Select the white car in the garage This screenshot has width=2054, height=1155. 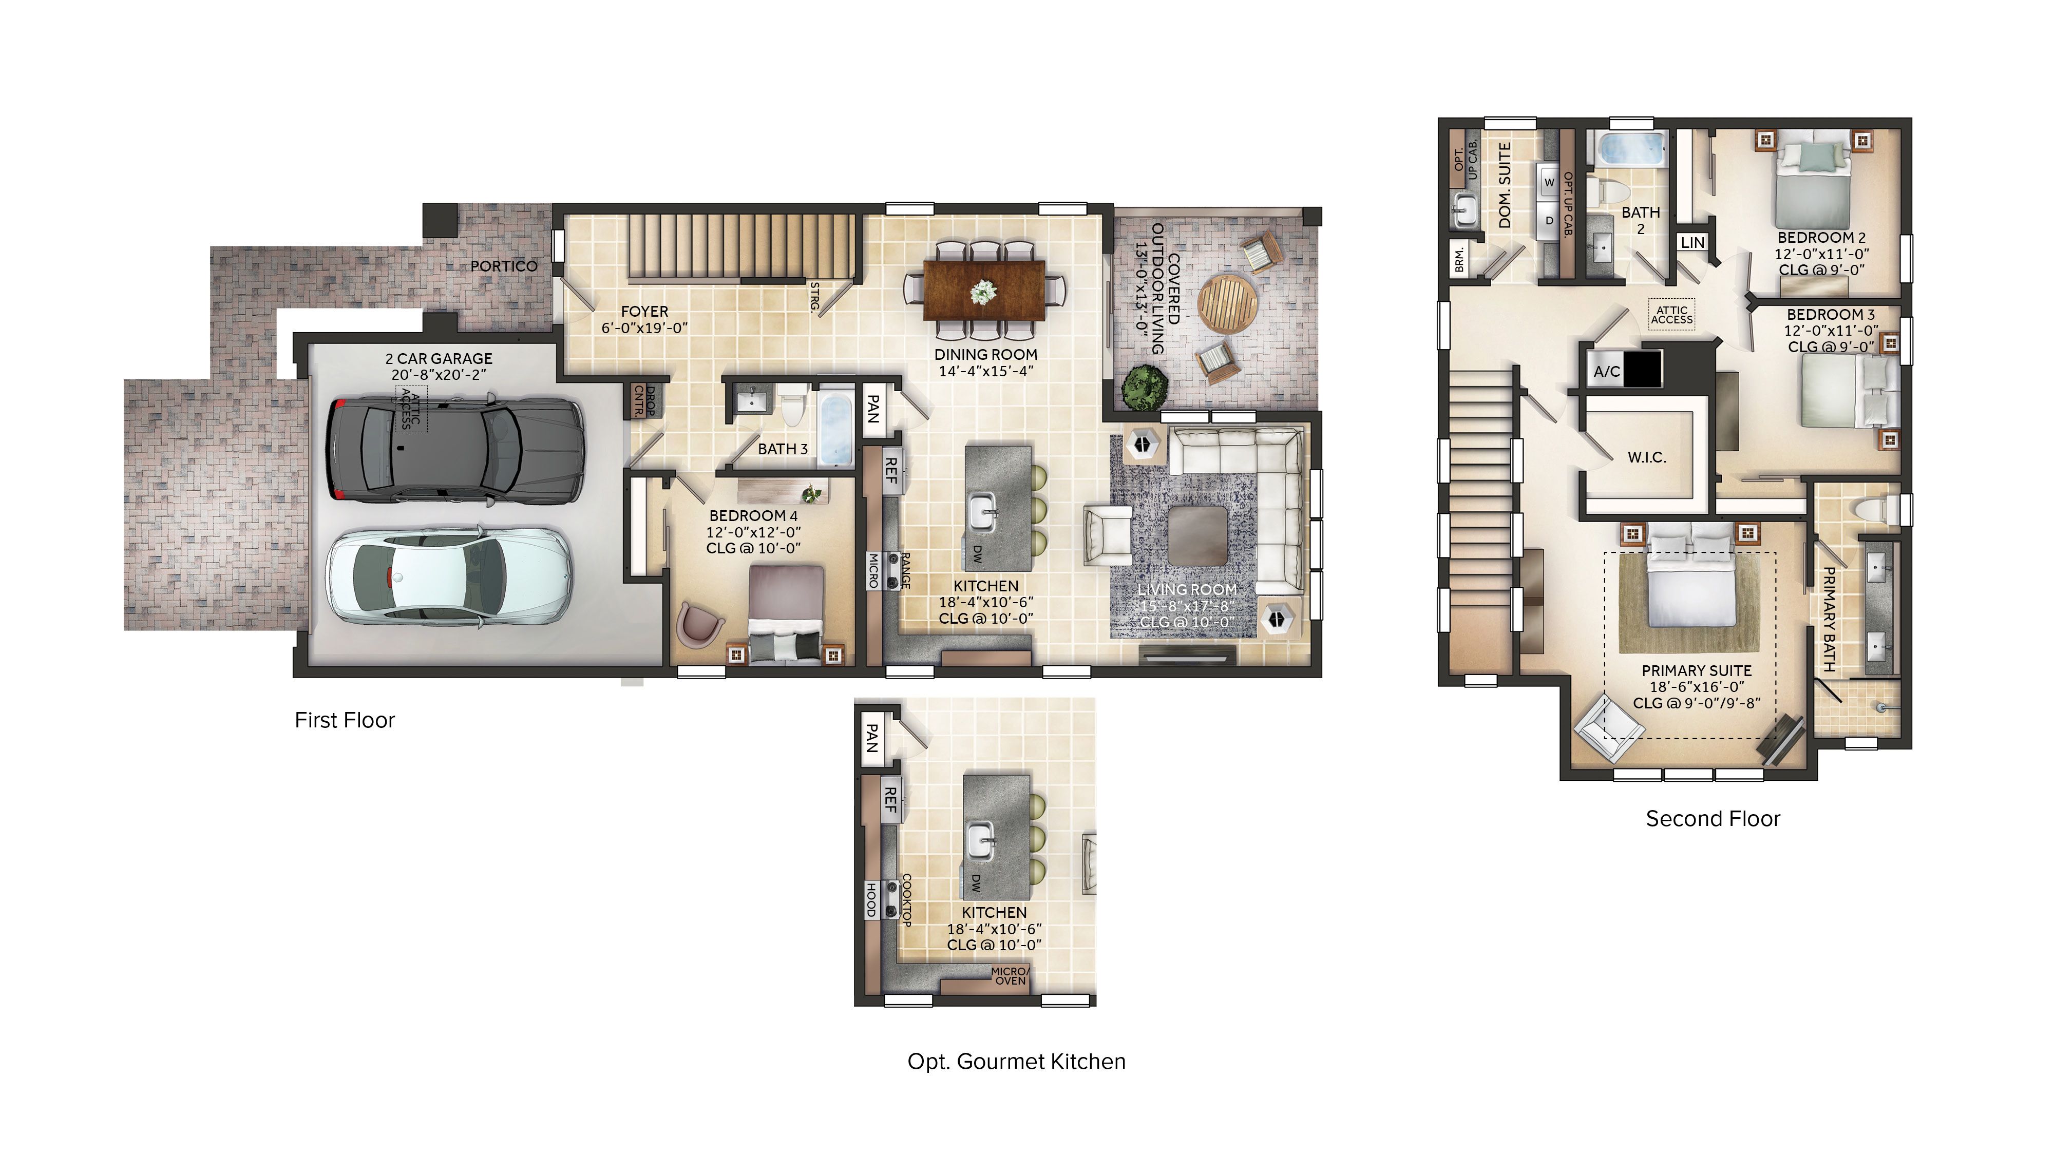[450, 575]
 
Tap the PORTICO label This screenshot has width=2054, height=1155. [503, 265]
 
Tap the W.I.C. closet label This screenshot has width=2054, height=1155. [1647, 457]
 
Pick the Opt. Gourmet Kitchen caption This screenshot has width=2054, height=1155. [1016, 1062]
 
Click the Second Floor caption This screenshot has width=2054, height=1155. [1712, 819]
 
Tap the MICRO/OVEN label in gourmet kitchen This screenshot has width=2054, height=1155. [1010, 976]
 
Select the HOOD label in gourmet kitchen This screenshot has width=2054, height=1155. [871, 899]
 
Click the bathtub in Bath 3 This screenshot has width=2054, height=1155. [835, 431]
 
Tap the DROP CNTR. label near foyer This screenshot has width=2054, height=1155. [644, 401]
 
